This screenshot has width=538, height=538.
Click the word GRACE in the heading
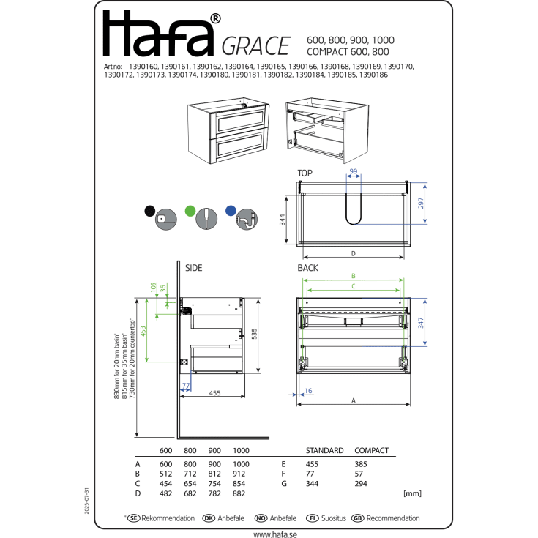255,46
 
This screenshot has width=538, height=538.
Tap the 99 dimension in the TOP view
353,171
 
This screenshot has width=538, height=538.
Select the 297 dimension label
421,204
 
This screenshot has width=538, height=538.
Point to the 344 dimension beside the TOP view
282,219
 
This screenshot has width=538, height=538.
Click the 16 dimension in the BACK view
308,391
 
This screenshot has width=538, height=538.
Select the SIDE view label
193,269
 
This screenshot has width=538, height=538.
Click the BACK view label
307,269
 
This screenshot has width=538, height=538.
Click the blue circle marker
231,210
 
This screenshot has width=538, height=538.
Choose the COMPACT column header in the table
371,451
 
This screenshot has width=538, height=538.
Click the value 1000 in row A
241,463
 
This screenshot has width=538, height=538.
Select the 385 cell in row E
362,463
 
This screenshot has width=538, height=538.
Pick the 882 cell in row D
239,494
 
